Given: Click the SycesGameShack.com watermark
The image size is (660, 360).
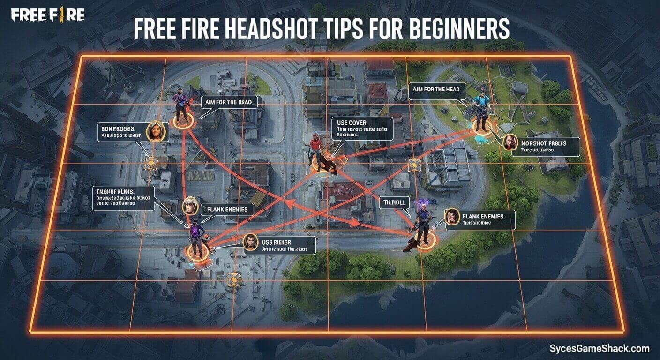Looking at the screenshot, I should point(599,348).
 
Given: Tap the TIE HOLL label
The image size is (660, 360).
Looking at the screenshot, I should point(394,202).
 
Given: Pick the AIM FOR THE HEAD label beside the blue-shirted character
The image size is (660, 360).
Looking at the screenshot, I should point(437,89).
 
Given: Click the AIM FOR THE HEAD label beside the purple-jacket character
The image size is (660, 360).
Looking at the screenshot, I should point(229,102).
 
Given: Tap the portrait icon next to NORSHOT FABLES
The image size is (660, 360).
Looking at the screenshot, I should point(509,143).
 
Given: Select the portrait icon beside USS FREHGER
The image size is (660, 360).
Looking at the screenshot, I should point(251,242).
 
